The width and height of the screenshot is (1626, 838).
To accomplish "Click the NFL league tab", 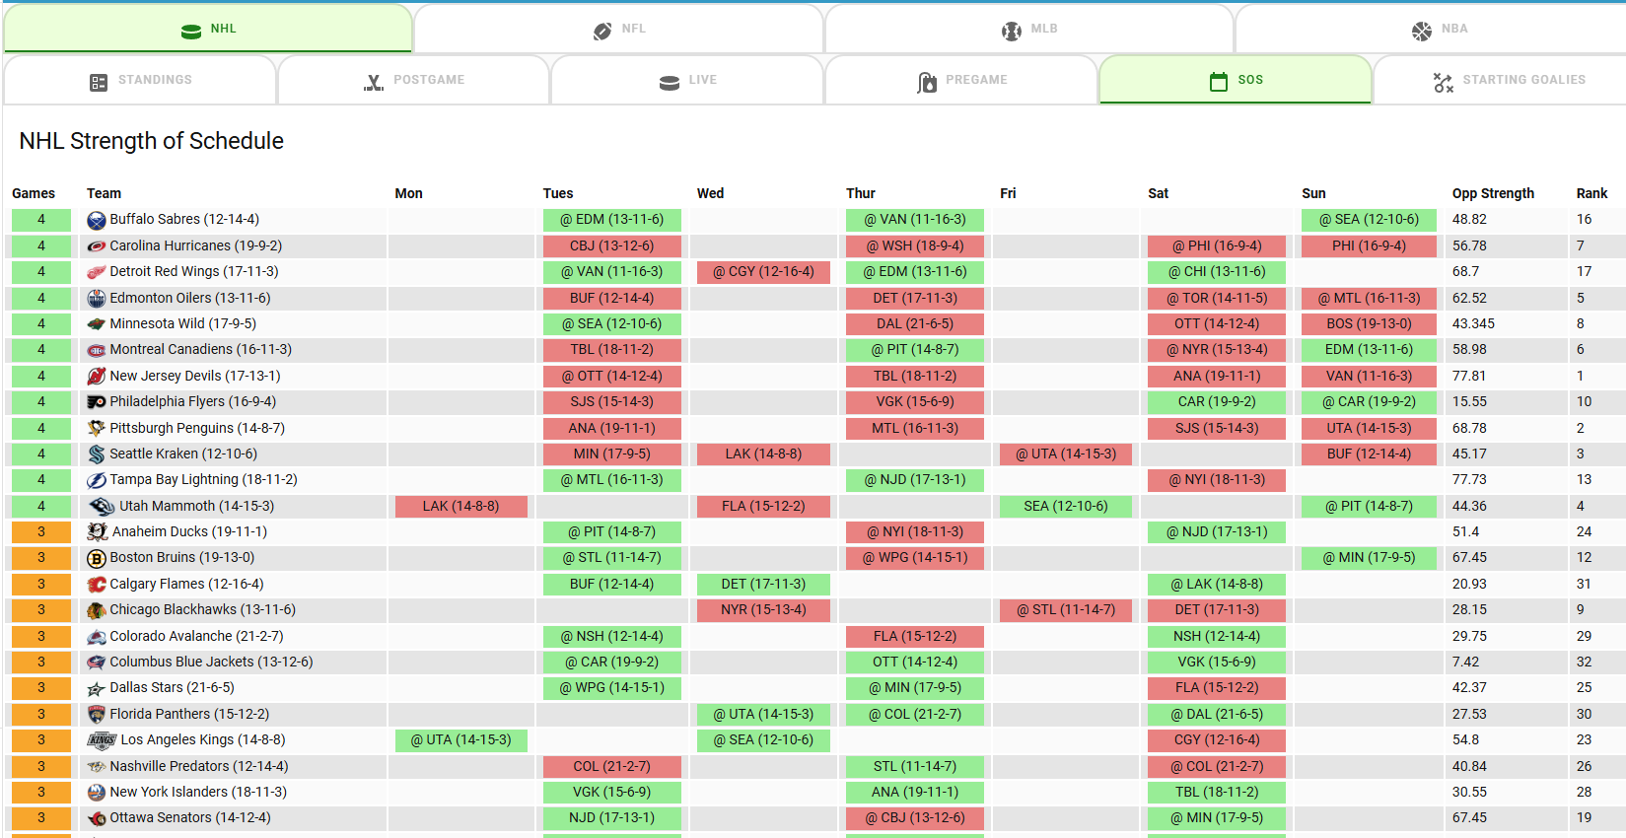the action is point(618,29).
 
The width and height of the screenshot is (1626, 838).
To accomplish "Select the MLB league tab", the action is point(1029,29).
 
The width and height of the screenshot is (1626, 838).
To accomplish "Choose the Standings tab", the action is point(140,81).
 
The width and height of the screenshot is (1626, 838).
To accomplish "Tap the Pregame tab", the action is point(961,81).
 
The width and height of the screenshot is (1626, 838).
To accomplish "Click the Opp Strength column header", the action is point(1493,193).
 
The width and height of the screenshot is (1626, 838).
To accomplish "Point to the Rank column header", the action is point(1591,193).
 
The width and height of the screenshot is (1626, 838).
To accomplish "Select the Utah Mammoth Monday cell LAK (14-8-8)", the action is point(460,506).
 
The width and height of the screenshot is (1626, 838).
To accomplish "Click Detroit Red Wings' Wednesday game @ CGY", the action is point(763,271).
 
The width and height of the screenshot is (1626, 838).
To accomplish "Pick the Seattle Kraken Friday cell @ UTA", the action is point(1066,454).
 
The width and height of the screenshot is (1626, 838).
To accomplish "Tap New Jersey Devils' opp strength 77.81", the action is point(1468,376).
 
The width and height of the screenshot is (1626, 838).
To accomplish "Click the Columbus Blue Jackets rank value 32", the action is point(1584,662).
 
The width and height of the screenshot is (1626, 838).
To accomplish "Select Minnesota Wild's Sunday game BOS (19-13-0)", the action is point(1369,323).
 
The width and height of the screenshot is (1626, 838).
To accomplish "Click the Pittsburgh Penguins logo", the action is point(96,428).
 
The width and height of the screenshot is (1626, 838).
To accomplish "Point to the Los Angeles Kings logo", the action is point(101,740).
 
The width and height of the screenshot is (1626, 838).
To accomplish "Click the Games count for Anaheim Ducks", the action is point(41,531).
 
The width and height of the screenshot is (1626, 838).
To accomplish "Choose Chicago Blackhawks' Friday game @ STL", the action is point(1066,610).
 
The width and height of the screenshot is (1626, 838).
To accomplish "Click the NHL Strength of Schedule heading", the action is point(151,141).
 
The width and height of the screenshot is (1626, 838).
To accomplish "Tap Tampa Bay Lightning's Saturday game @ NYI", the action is point(1216,479).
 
